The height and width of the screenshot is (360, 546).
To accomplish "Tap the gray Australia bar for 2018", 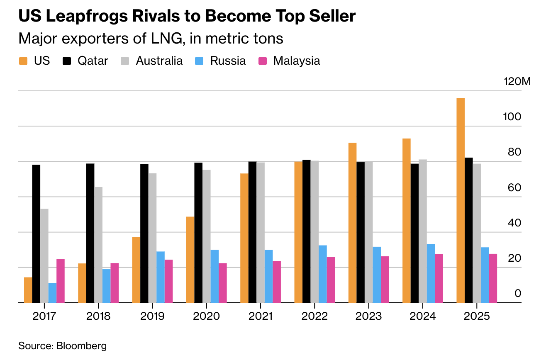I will [x=98, y=245].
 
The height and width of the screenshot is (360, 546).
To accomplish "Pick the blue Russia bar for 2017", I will [x=52, y=293].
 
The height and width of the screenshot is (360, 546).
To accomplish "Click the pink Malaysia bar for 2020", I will [x=223, y=283].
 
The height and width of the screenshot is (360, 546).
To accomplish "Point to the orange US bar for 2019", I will [x=136, y=270].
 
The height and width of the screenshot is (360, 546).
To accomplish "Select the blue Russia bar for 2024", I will [x=431, y=273].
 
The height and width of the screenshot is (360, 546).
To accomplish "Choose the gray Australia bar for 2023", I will [x=368, y=232].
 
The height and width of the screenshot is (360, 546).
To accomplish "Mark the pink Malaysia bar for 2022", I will [x=331, y=280].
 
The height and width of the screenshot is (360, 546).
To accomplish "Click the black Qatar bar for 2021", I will [x=252, y=232].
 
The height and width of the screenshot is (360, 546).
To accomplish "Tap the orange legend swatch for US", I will [x=23, y=61].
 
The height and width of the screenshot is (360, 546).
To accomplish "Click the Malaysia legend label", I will [x=296, y=61].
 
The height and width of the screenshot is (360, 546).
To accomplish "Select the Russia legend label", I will [x=228, y=61].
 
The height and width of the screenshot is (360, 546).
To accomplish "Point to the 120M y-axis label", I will [x=517, y=81].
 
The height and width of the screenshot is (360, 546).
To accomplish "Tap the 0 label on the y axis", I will [x=518, y=294].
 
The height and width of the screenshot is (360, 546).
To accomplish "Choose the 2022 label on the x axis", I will [x=314, y=316].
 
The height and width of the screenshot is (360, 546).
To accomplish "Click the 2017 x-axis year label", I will [x=44, y=316].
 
